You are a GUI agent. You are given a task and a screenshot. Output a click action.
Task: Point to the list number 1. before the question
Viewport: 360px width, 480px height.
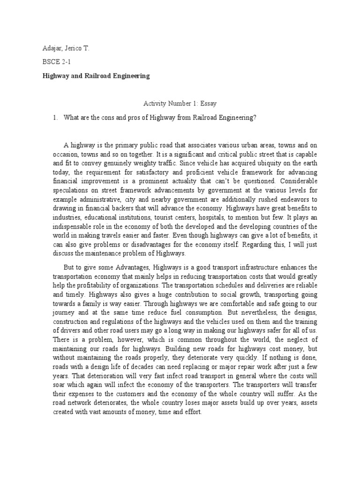point(55,118)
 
